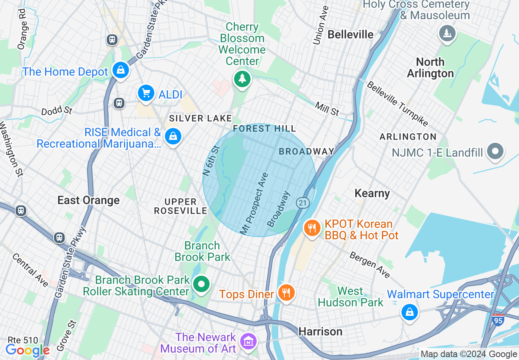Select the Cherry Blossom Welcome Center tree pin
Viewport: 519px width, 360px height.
(242, 78)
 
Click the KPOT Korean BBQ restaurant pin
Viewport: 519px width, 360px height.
(312, 228)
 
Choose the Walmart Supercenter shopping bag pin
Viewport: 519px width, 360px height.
(409, 312)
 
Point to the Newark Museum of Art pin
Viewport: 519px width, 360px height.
(248, 340)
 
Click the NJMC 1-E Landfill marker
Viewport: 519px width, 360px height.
(495, 151)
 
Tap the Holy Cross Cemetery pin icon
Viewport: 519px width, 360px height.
(447, 33)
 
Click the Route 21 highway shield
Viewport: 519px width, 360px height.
(302, 203)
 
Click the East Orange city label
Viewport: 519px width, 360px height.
(88, 200)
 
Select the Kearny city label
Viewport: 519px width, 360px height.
(372, 193)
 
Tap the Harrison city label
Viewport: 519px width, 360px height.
(320, 331)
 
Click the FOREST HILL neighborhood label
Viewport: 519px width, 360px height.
(264, 129)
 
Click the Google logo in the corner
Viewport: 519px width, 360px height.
(27, 350)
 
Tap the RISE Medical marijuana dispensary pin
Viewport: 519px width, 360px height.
(173, 136)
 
